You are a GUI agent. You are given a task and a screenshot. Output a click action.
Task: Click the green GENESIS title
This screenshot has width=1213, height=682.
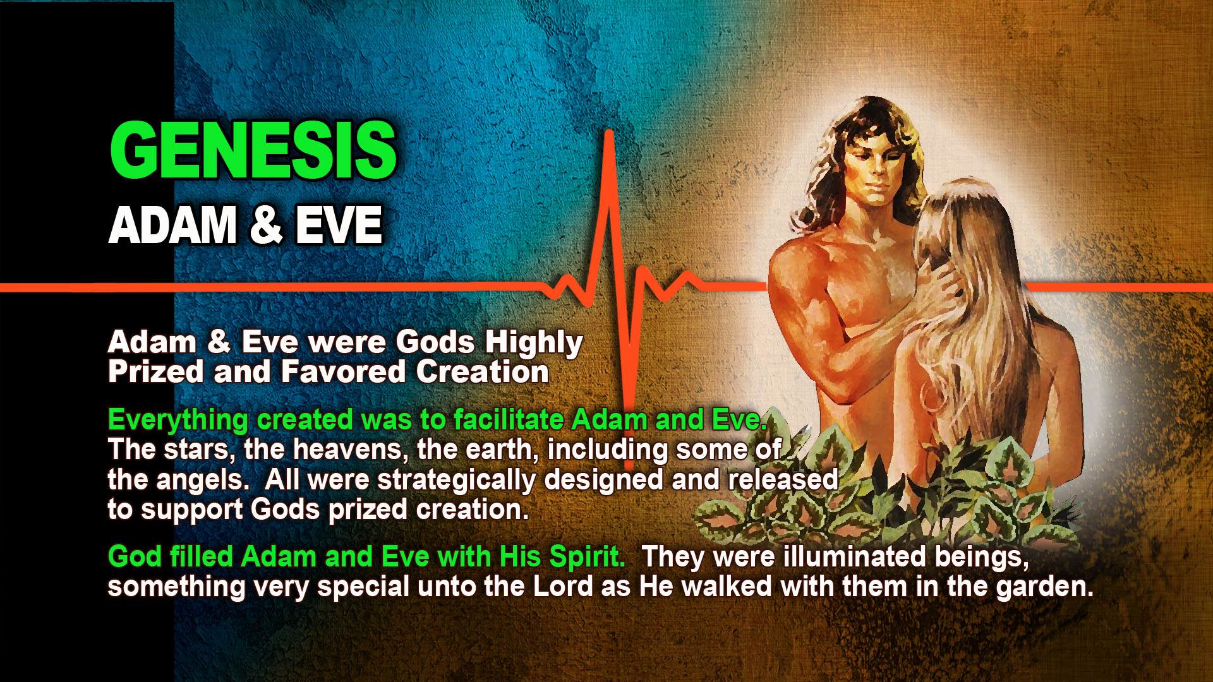click(x=253, y=150)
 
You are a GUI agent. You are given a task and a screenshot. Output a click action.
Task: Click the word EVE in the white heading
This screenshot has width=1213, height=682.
click(x=339, y=225)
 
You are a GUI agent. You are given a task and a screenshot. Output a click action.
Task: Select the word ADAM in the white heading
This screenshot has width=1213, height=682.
click(x=172, y=225)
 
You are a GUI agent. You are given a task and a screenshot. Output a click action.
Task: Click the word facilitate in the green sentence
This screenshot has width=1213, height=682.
click(x=509, y=419)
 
